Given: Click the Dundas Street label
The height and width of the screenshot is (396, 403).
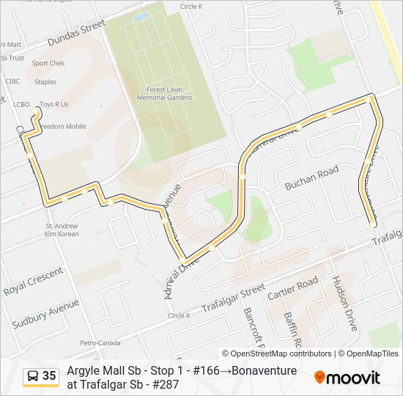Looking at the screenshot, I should tap(75, 33).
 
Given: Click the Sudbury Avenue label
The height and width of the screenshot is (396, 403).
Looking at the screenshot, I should tap(45, 313).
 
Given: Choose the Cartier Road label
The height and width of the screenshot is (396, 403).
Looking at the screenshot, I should tap(292, 287).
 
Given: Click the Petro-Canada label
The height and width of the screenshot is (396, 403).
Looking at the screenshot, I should tap(100, 342).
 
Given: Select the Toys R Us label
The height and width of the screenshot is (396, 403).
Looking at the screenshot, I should tap(53, 104).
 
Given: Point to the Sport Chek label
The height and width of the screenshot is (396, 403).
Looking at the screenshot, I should tap(48, 63).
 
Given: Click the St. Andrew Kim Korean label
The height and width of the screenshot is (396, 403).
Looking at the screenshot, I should tap(61, 230).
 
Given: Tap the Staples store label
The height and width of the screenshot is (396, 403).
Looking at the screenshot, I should tap(45, 82).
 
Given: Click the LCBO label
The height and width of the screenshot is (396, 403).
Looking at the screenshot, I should tap(21, 104).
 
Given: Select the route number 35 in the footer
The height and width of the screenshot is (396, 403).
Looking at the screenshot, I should tap(49, 376).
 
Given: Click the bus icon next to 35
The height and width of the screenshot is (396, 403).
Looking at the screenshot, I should tap(33, 376).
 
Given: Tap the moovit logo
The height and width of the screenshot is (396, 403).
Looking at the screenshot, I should tap(347, 378).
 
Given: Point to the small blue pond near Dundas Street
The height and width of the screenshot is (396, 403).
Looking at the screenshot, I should tap(140, 16).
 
